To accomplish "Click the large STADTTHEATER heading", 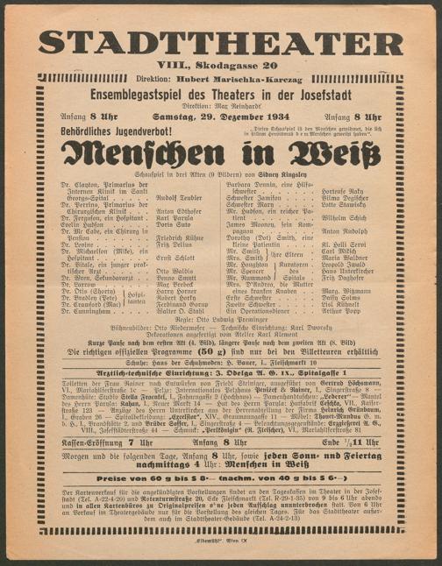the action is coord(220,41).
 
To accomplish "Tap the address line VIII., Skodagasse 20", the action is coord(220,65).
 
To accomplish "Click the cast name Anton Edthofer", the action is coord(179,211).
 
